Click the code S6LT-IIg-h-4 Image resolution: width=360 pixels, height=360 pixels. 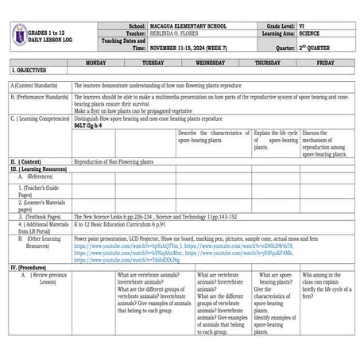87,126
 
